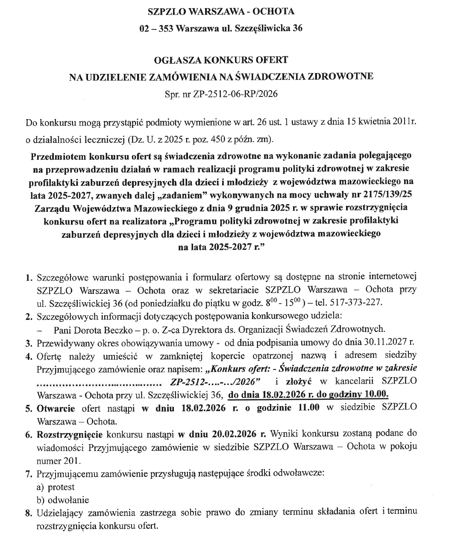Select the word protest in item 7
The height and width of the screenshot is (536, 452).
[61, 487]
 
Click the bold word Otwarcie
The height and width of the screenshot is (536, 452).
[56, 407]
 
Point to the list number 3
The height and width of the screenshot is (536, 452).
[29, 343]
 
